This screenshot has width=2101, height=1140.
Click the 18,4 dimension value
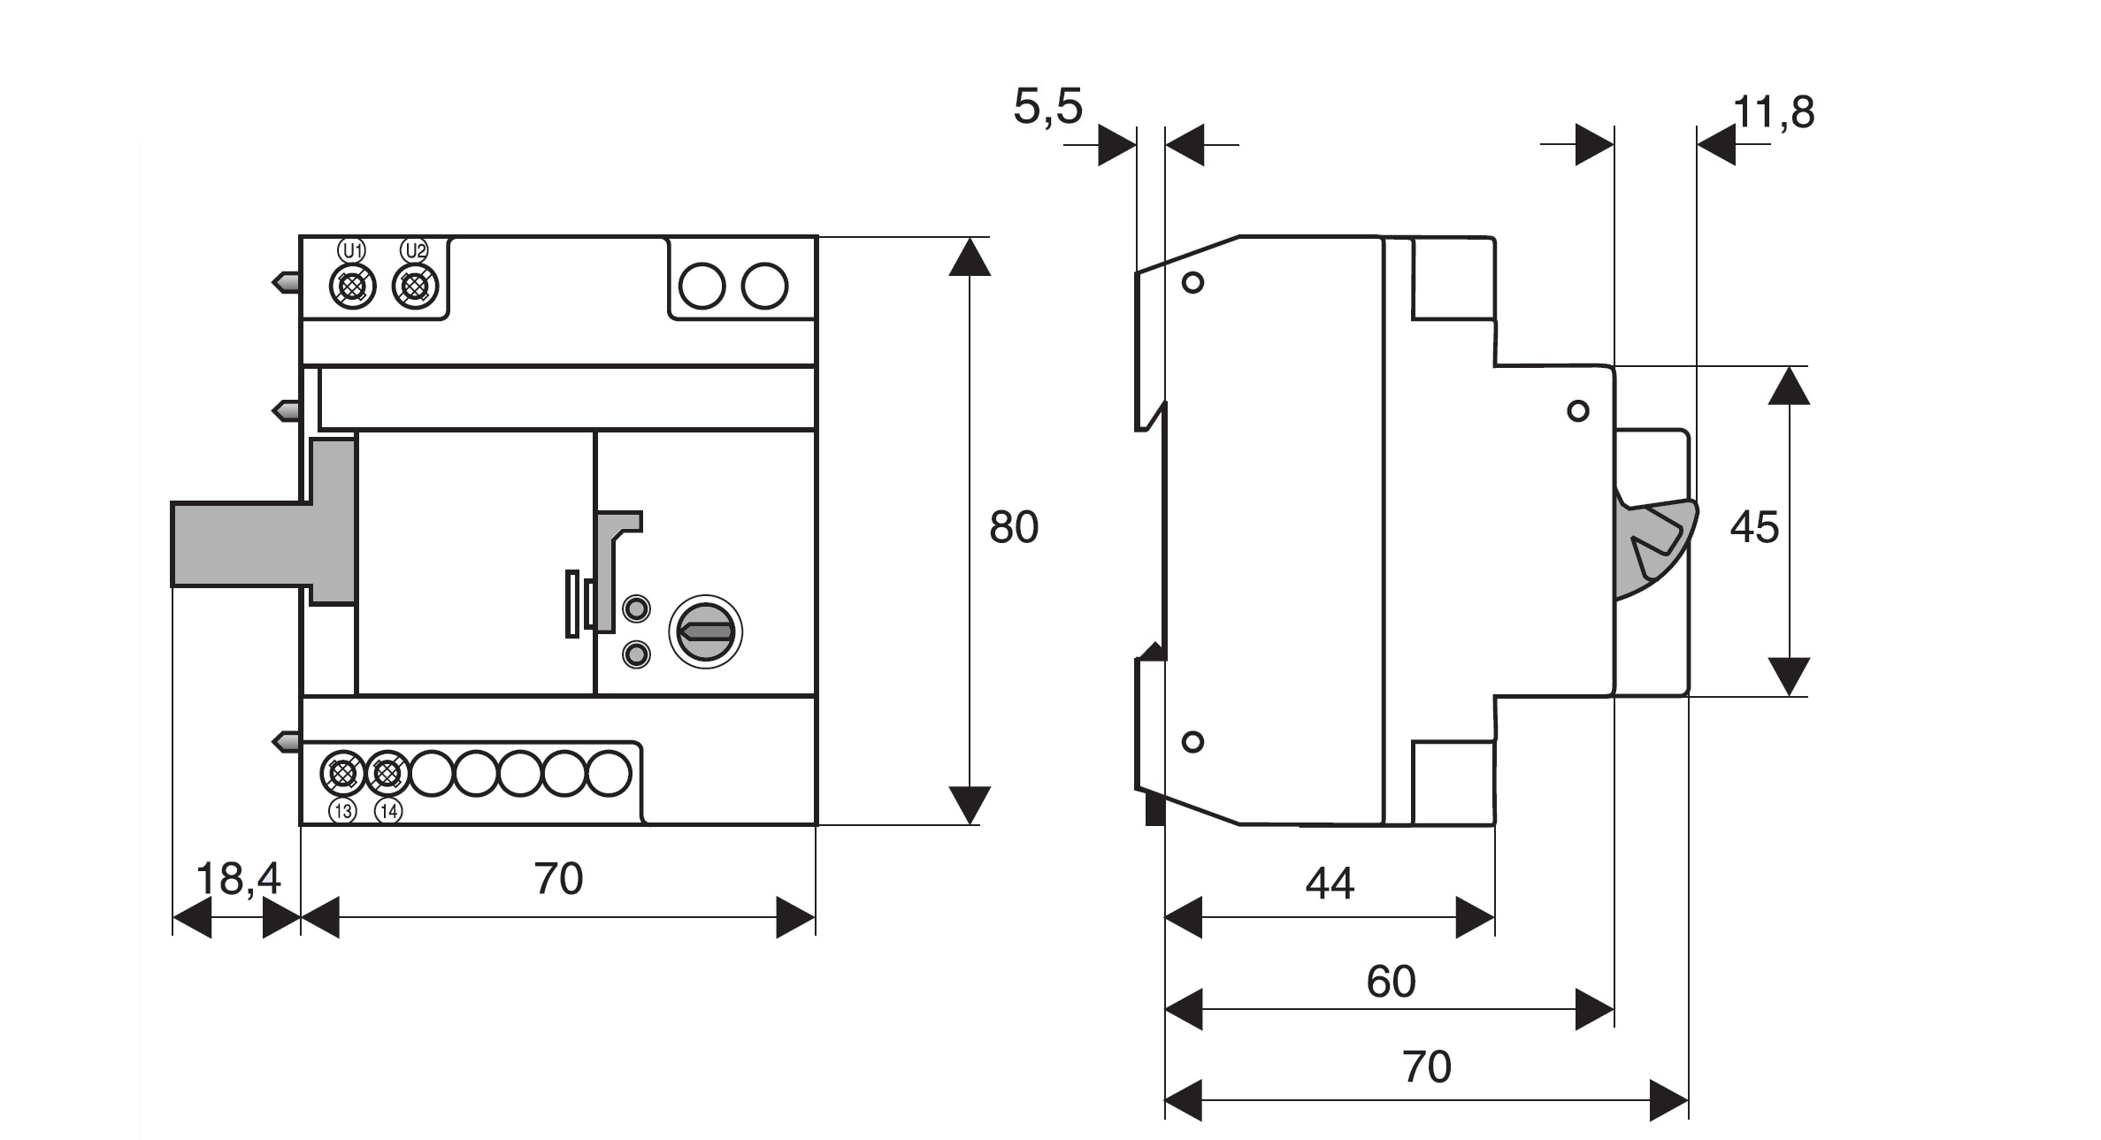(x=237, y=879)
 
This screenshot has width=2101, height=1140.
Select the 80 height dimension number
(x=1013, y=527)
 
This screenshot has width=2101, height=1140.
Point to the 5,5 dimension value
(x=1047, y=107)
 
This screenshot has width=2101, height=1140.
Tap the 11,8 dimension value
(x=1773, y=112)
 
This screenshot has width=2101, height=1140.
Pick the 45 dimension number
(x=1753, y=527)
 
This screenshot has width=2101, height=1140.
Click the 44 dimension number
(x=1329, y=884)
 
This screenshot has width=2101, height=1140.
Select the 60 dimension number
(x=1391, y=982)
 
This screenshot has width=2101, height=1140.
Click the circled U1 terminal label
(x=352, y=250)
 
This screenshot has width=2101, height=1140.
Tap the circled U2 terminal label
(x=415, y=250)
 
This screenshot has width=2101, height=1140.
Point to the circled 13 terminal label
(x=342, y=811)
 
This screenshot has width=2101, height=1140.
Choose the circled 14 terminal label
(x=388, y=811)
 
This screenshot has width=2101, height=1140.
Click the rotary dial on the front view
(x=705, y=631)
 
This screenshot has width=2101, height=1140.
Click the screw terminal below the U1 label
(x=352, y=287)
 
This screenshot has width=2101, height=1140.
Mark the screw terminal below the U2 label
(x=415, y=287)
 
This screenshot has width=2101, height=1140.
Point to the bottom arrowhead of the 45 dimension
(x=1789, y=677)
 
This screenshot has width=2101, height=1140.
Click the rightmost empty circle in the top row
(x=764, y=286)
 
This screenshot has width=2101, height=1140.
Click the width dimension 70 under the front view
(x=558, y=879)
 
